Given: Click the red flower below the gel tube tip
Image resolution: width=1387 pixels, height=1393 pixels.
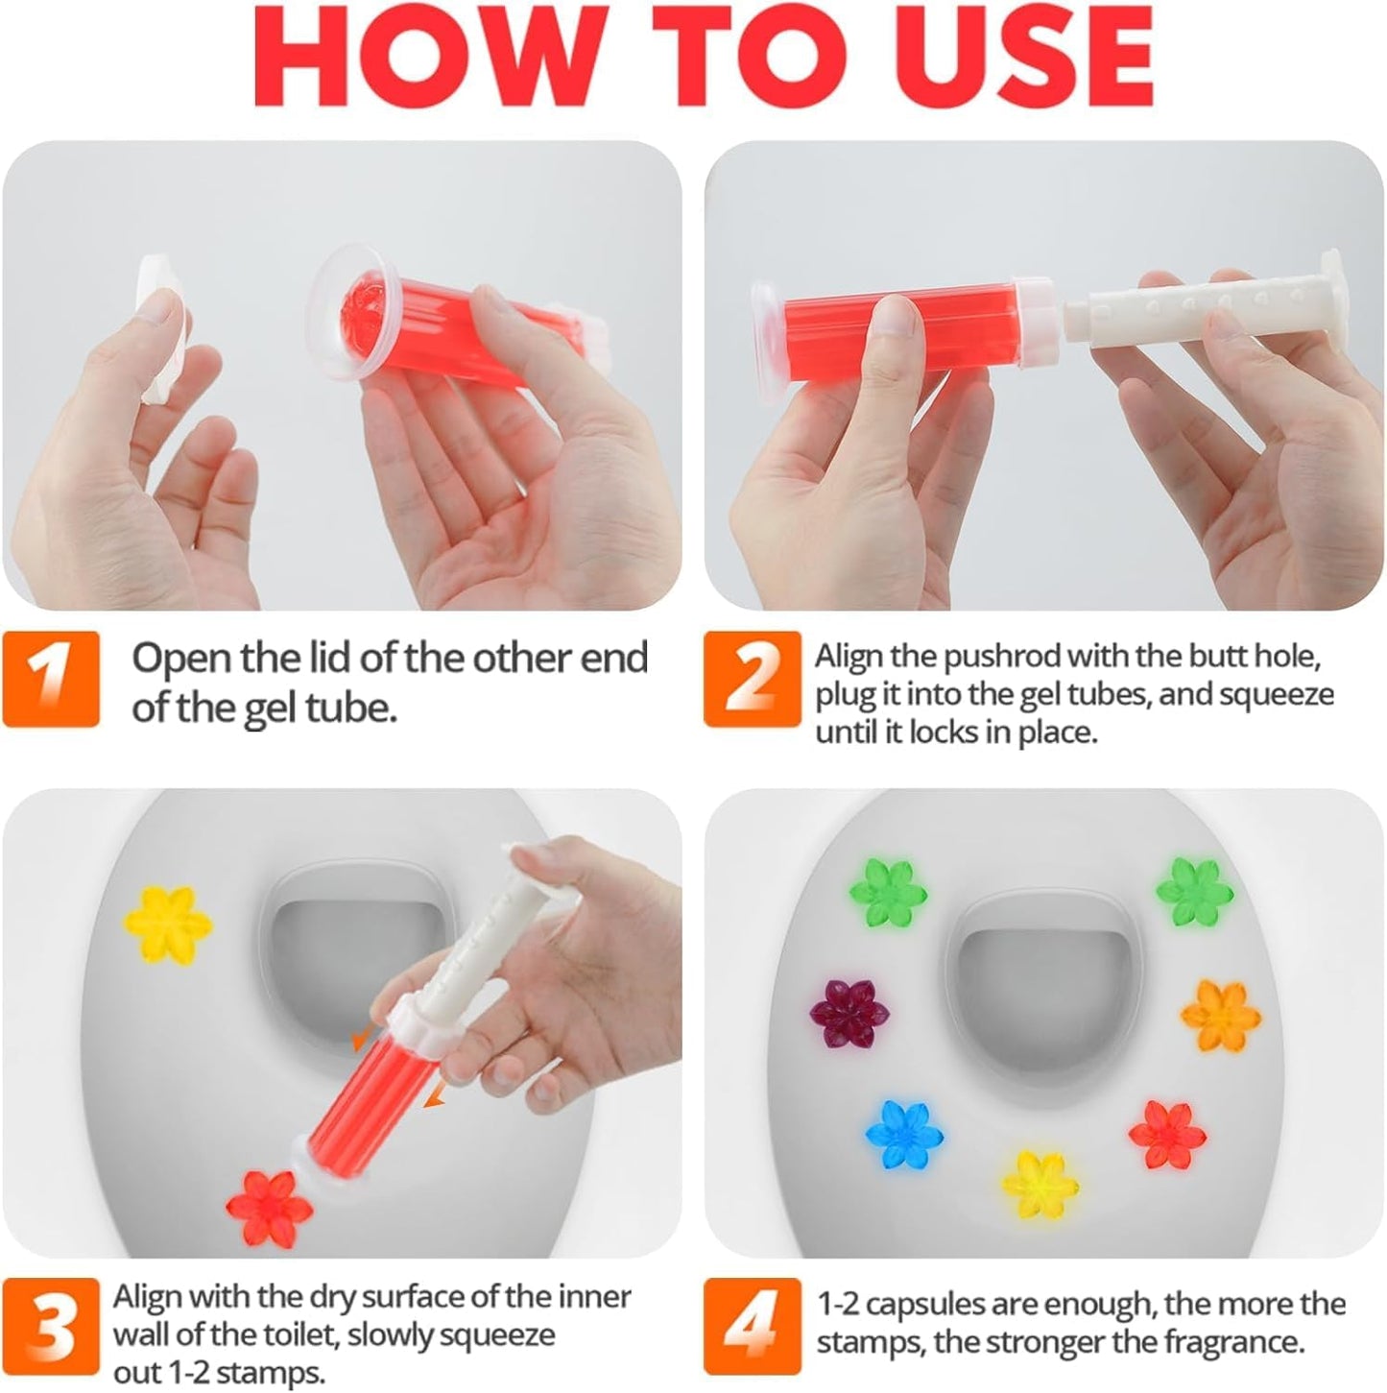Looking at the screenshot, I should coord(269,1206).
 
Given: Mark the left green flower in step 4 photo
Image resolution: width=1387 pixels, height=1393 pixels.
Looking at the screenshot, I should coord(888,893).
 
